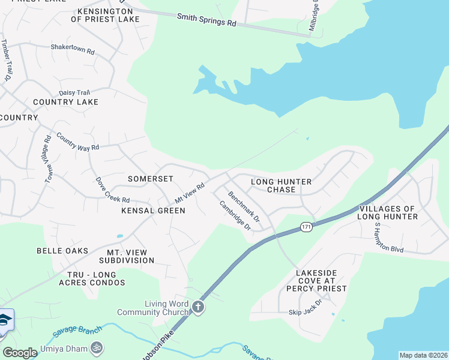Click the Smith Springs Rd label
point(206,19)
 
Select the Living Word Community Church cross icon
point(198,308)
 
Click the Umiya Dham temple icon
point(96,347)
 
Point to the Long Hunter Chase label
point(281,185)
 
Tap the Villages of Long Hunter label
point(387,212)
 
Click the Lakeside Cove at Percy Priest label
point(321,280)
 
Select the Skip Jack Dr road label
point(305,313)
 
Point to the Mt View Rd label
point(190,193)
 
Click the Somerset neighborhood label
point(151,179)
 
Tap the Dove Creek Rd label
point(112,190)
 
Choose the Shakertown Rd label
point(73,49)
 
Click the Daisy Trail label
point(74,92)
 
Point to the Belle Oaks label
point(62,251)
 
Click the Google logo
point(20,353)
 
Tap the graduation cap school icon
point(4,320)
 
